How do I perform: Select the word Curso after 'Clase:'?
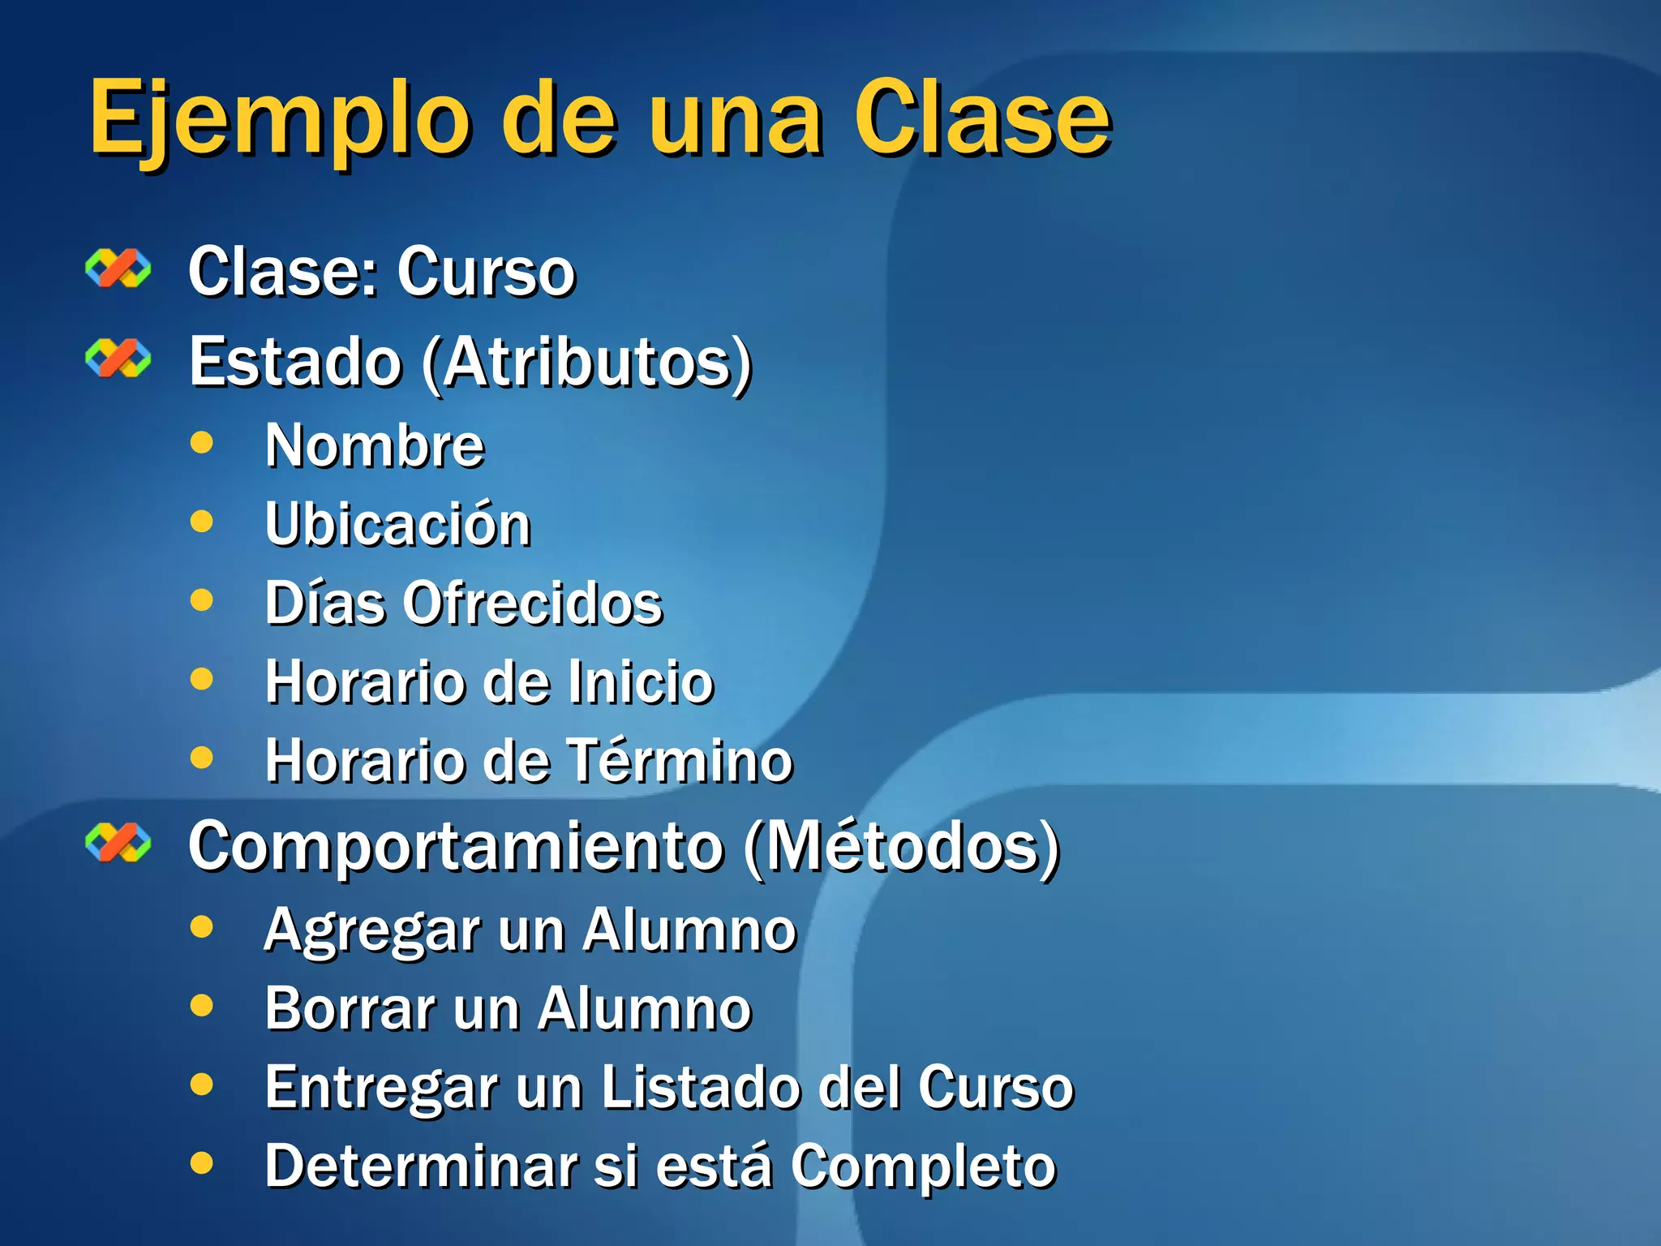pyautogui.click(x=486, y=273)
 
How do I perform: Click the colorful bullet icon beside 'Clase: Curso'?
pyautogui.click(x=118, y=269)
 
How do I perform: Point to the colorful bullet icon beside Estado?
pyautogui.click(x=118, y=359)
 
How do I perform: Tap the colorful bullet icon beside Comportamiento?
pyautogui.click(x=118, y=843)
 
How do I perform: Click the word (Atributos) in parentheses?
pyautogui.click(x=587, y=363)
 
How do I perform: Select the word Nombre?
pyautogui.click(x=375, y=446)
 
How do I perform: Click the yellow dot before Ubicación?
pyautogui.click(x=201, y=521)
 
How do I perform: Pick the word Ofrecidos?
pyautogui.click(x=533, y=604)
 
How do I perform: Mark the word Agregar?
pyautogui.click(x=372, y=931)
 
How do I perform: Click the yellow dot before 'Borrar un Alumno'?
pyautogui.click(x=201, y=1006)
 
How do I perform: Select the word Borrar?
pyautogui.click(x=350, y=1009)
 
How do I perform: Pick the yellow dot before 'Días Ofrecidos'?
pyautogui.click(x=201, y=600)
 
